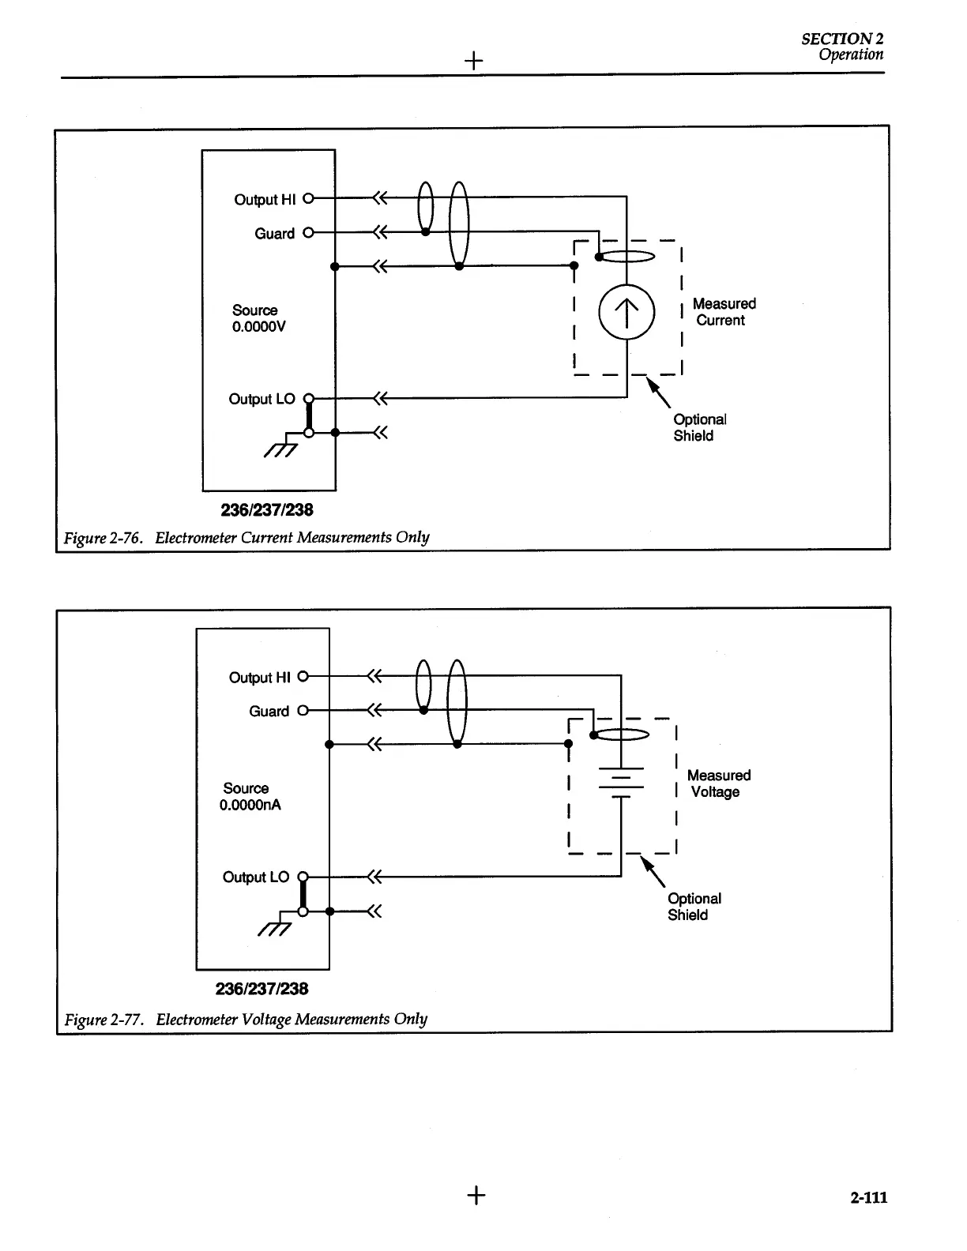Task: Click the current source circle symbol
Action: (x=626, y=312)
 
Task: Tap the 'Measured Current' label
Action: (x=723, y=312)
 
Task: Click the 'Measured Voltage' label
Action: (x=717, y=783)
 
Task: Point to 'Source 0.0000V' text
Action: (x=257, y=318)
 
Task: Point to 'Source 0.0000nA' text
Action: (x=250, y=796)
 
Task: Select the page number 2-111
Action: (x=868, y=1197)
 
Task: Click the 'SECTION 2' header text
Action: (x=841, y=39)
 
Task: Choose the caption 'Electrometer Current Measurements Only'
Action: (x=292, y=538)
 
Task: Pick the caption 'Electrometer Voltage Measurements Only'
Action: (x=292, y=1019)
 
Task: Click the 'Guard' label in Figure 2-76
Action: (x=274, y=234)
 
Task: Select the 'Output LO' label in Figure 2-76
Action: (x=262, y=399)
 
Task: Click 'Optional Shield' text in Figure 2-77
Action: (x=694, y=907)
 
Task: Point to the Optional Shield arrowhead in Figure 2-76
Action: (x=653, y=384)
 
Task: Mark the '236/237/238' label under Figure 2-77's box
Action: (x=262, y=989)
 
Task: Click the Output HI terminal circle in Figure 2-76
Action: (x=309, y=198)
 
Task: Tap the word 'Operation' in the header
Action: (x=850, y=54)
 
